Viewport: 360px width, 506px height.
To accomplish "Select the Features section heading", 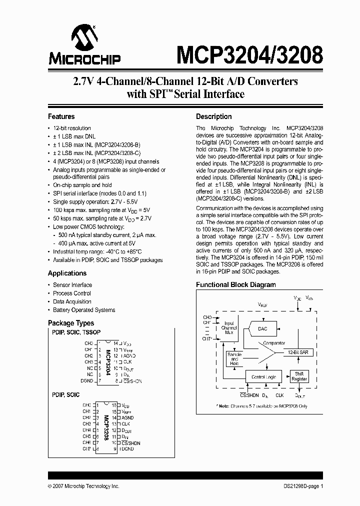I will point(61,116).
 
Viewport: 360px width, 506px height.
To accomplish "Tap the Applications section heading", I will point(67,273).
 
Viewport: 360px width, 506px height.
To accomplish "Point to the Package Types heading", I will point(70,323).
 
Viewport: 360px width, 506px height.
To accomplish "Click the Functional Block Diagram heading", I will point(235,284).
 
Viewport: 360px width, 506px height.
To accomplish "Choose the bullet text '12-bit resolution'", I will point(72,128).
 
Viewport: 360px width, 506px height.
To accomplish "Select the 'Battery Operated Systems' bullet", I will point(84,310).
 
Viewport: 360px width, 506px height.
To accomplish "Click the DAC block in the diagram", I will point(262,328).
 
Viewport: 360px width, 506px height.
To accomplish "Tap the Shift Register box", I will point(299,376).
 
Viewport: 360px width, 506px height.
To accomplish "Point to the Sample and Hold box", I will point(234,359).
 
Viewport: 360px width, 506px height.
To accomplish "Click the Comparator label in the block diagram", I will point(273,343).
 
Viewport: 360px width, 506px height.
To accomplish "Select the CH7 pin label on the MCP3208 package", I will point(86,449).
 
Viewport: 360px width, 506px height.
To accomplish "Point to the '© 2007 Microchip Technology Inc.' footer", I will point(83,486).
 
